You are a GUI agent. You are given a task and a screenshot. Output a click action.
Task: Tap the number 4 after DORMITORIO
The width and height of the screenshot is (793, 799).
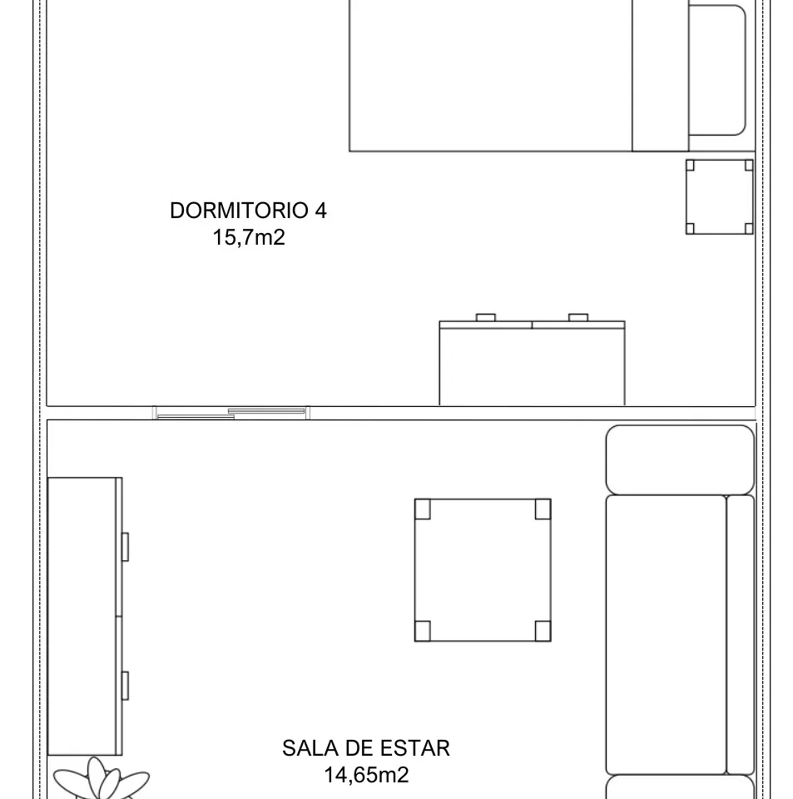point(320,211)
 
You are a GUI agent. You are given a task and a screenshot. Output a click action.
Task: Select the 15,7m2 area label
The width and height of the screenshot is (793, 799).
point(249,238)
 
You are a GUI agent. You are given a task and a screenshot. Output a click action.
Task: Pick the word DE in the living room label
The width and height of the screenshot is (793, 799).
point(361,747)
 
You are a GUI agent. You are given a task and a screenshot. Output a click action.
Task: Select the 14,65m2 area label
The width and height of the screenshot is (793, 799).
point(366,775)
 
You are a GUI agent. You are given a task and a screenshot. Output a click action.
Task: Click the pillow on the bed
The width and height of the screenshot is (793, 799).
point(716,70)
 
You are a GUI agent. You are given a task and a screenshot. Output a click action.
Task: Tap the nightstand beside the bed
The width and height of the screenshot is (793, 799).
point(719,196)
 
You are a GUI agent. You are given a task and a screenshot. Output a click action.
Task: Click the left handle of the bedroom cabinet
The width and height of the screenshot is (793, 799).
point(485,317)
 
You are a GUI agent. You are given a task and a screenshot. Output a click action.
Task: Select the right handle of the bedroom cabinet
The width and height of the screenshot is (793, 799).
point(577,317)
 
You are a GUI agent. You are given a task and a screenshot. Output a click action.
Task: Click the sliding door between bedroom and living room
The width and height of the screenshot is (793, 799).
point(231,412)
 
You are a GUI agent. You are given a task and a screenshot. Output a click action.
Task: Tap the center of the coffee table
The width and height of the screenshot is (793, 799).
point(483,570)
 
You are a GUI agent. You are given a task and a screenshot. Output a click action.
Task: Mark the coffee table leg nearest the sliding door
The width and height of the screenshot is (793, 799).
point(423,509)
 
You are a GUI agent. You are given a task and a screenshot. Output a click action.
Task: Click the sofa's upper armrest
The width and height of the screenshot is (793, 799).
point(679,459)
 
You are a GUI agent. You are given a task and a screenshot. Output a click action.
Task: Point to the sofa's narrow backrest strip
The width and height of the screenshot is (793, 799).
point(740,634)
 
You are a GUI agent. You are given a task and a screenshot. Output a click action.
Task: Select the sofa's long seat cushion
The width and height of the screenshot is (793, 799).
point(665,634)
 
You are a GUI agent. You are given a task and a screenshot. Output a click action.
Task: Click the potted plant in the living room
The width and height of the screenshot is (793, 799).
point(102,782)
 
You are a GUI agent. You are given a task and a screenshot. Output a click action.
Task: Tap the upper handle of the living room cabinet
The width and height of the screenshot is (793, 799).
point(125,547)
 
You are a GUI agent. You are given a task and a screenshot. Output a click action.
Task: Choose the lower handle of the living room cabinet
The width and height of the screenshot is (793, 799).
point(125,684)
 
